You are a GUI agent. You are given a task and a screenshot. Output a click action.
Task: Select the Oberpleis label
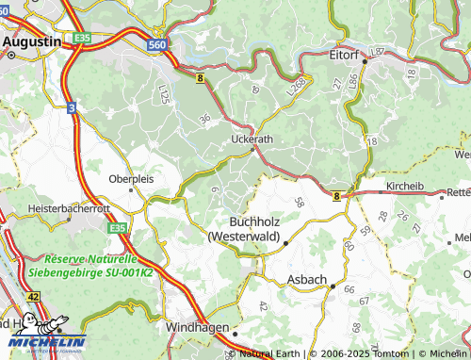tap(130, 177)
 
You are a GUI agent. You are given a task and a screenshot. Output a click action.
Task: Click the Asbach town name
tap(307, 282)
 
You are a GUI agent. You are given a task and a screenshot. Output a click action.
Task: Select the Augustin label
tap(32, 41)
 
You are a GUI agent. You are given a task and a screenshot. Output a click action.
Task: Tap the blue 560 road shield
tap(158, 44)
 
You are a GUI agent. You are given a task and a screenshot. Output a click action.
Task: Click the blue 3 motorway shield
tap(72, 108)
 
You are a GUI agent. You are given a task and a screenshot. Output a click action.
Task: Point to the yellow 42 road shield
tap(34, 296)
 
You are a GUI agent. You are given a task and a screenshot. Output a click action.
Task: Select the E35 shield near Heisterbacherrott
tap(117, 228)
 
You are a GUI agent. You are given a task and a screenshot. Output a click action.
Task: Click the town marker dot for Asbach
tap(332, 286)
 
